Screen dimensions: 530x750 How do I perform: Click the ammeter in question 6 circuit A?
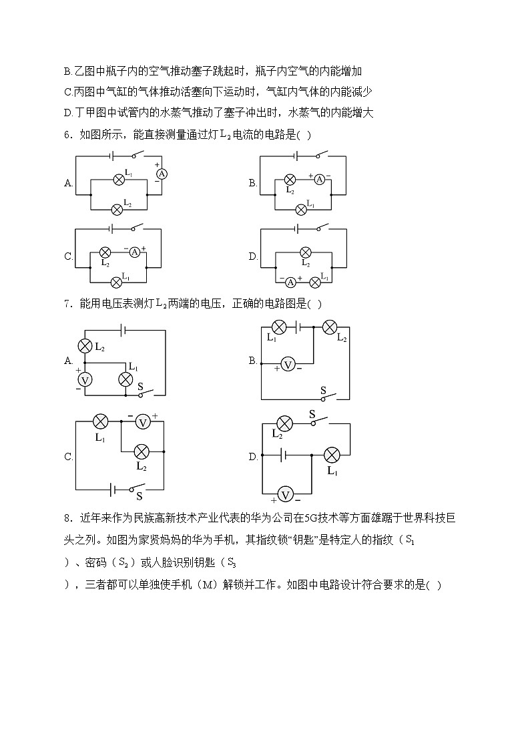161,173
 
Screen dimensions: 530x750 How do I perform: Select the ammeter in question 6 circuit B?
319,179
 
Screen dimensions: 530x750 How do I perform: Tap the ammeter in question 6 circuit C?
134,252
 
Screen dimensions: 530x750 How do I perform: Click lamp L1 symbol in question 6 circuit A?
119,179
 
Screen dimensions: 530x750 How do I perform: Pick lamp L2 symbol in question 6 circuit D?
305,252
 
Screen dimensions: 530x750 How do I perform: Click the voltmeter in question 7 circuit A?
85,379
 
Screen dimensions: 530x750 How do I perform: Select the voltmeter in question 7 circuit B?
288,365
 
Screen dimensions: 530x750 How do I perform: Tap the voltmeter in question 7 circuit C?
142,421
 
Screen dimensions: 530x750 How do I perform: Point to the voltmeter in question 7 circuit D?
286,495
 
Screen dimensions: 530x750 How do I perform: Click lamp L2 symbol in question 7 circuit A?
85,346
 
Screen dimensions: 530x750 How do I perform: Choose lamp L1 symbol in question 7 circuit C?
100,421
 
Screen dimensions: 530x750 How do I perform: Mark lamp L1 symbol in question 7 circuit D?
332,455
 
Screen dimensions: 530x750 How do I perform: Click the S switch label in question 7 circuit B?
323,390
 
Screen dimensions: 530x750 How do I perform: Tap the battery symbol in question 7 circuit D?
284,455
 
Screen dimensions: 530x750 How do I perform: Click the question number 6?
67,134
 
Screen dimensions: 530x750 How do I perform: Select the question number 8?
67,518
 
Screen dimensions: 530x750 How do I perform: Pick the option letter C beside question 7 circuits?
68,457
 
